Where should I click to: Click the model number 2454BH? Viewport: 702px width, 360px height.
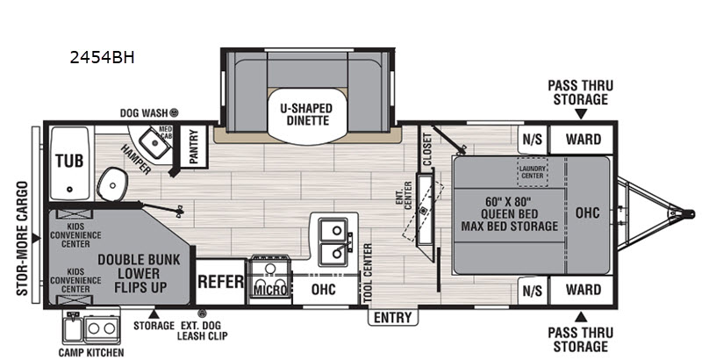click(103, 59)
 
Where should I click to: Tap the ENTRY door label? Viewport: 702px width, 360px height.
click(392, 317)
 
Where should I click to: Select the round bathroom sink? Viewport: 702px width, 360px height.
click(111, 183)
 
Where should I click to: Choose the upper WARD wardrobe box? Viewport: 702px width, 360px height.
click(583, 139)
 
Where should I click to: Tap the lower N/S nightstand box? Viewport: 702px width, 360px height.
click(532, 289)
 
